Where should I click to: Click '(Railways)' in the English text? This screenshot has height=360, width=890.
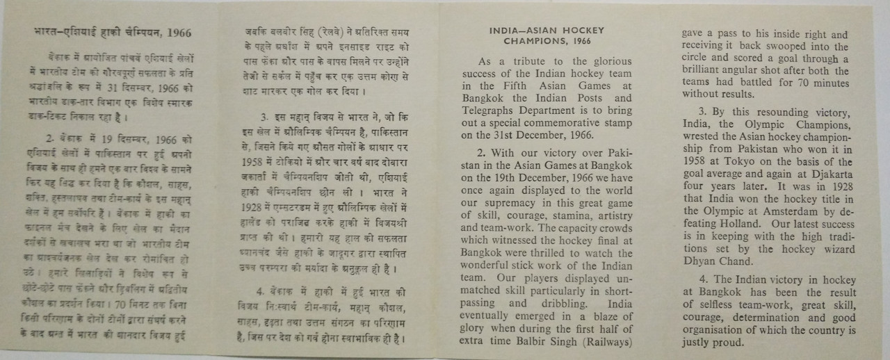coord(606,341)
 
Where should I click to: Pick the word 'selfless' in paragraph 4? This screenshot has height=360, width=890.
coord(711,305)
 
